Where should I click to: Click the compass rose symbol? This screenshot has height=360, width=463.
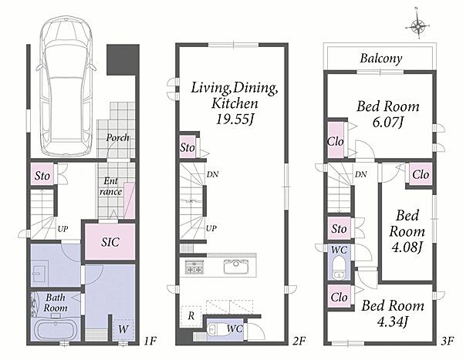417,26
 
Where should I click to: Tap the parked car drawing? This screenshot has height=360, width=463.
66,86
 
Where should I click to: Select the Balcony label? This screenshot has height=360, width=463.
381,59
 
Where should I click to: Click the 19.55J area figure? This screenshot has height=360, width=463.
235,119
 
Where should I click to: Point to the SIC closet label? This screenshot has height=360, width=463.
110,242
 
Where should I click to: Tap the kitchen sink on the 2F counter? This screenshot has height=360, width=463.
236,267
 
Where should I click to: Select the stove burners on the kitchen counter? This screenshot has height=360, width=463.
194,267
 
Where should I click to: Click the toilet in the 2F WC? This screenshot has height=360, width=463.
212,329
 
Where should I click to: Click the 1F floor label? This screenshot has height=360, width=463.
150,341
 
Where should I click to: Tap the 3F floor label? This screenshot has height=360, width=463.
447,341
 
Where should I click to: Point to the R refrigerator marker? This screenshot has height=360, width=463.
191,316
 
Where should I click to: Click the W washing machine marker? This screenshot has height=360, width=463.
123,329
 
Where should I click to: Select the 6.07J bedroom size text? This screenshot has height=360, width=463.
387,122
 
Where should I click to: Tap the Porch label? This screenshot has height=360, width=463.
117,137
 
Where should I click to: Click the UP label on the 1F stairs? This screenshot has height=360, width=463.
63,229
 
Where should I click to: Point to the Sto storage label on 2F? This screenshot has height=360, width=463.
188,147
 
